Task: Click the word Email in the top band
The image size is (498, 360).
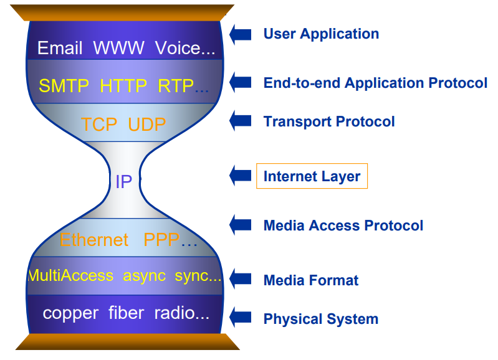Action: click(x=60, y=48)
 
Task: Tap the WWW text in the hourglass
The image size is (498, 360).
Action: click(x=119, y=48)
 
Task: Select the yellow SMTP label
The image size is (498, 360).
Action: click(x=64, y=86)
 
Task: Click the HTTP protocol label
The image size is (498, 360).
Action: click(x=123, y=86)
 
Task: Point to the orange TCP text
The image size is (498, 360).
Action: click(x=99, y=124)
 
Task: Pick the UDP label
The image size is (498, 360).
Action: click(x=146, y=124)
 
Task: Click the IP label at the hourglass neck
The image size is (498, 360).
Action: click(x=123, y=182)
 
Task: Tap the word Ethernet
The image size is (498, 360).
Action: click(x=94, y=240)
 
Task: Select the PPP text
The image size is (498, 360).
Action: click(x=161, y=240)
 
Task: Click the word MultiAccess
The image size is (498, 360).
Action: click(x=70, y=275)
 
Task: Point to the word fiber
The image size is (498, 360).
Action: click(x=126, y=313)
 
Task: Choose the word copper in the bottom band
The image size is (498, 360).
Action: click(x=70, y=314)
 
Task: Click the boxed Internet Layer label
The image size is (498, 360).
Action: click(x=312, y=176)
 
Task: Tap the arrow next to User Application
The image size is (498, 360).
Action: click(x=241, y=34)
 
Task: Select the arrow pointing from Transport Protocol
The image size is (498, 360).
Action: click(x=241, y=121)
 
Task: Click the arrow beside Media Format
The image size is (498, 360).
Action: click(x=241, y=279)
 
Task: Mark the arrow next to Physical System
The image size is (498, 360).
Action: click(x=241, y=318)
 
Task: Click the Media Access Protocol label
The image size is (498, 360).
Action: click(x=343, y=225)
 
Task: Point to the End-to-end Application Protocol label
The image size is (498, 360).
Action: click(x=375, y=83)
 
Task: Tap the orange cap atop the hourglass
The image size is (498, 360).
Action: click(x=123, y=12)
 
